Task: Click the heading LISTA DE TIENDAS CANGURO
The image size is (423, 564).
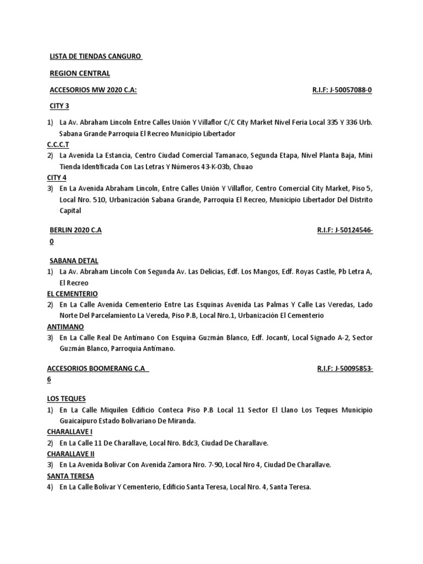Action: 96,56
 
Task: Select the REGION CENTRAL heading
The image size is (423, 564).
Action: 80,73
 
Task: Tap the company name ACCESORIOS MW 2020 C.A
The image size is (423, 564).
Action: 93,90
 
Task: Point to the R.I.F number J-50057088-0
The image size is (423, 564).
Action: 342,90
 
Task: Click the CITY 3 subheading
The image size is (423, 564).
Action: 59,106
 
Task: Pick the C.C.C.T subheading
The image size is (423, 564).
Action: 58,144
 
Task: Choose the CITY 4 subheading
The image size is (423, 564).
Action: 57,177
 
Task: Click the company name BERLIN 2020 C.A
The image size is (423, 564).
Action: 75,231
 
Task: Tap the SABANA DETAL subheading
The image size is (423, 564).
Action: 74,261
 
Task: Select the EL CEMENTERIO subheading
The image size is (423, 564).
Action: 72,294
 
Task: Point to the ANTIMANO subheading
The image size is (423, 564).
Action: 64,327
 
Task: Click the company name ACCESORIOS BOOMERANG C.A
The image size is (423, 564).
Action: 98,369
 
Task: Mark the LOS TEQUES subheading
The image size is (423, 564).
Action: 67,399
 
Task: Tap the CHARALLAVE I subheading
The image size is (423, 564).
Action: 69,432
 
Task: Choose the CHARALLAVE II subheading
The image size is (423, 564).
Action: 70,454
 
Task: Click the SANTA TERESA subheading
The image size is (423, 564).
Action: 70,476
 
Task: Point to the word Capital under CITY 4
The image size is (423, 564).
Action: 70,210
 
